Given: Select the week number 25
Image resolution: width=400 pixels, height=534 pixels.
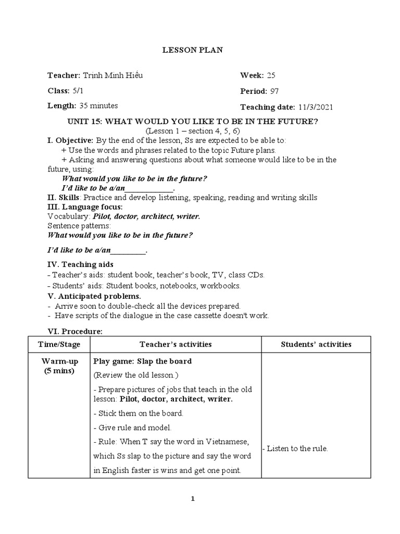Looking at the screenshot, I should pyautogui.click(x=271, y=76).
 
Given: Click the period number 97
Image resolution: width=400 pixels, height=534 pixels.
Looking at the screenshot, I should pyautogui.click(x=274, y=91).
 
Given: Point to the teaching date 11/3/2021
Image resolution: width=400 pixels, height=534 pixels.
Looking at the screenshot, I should pyautogui.click(x=316, y=107).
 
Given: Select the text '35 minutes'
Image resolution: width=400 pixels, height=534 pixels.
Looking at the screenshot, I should pyautogui.click(x=98, y=106).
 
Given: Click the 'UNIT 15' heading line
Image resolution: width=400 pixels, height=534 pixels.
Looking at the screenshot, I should pyautogui.click(x=193, y=122).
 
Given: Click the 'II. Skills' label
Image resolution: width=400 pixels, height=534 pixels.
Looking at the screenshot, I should pyautogui.click(x=64, y=198).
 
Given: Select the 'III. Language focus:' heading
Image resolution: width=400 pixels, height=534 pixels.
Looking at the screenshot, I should pyautogui.click(x=85, y=207).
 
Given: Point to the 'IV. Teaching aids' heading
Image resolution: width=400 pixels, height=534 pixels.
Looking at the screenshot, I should pyautogui.click(x=80, y=265).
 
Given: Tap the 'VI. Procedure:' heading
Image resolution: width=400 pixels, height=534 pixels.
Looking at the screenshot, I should pyautogui.click(x=75, y=331).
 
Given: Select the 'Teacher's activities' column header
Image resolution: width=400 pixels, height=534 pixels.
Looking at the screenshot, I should pyautogui.click(x=176, y=344).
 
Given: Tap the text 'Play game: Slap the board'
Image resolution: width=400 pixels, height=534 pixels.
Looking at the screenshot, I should pyautogui.click(x=142, y=361).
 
